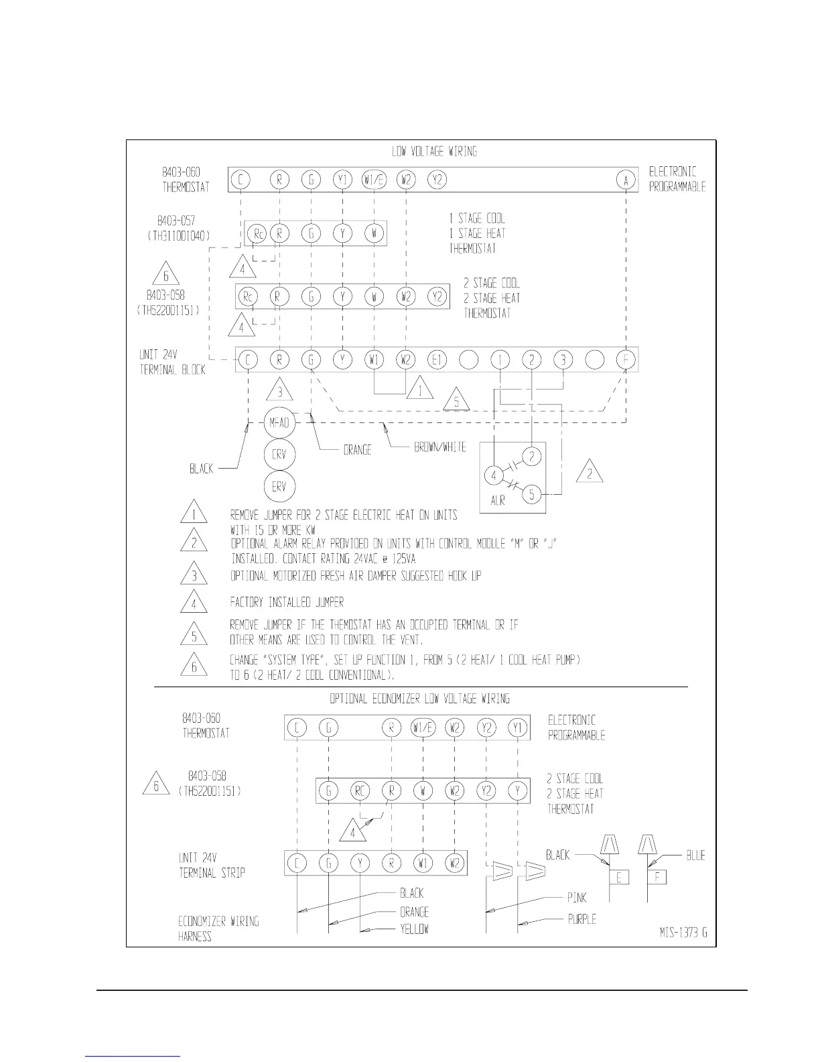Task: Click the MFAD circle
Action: pyautogui.click(x=279, y=422)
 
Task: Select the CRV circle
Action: pyautogui.click(x=279, y=455)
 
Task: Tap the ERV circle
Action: pyautogui.click(x=279, y=487)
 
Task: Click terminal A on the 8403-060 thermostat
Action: pyautogui.click(x=626, y=180)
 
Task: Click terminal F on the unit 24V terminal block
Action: pyautogui.click(x=626, y=360)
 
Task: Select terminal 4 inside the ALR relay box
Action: pyautogui.click(x=494, y=476)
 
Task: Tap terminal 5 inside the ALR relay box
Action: pyautogui.click(x=532, y=495)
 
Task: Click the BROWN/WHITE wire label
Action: pyautogui.click(x=440, y=447)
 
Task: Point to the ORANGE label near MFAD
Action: pyautogui.click(x=357, y=451)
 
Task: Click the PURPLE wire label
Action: pyautogui.click(x=582, y=919)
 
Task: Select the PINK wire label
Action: pyautogui.click(x=577, y=898)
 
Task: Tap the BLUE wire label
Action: pyautogui.click(x=695, y=855)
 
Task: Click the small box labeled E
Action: pyautogui.click(x=619, y=877)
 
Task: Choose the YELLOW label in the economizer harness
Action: pyautogui.click(x=414, y=929)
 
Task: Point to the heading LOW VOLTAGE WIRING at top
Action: pyautogui.click(x=434, y=152)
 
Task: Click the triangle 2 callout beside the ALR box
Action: pyautogui.click(x=590, y=473)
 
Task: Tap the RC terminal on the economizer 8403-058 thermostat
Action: pyautogui.click(x=360, y=790)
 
